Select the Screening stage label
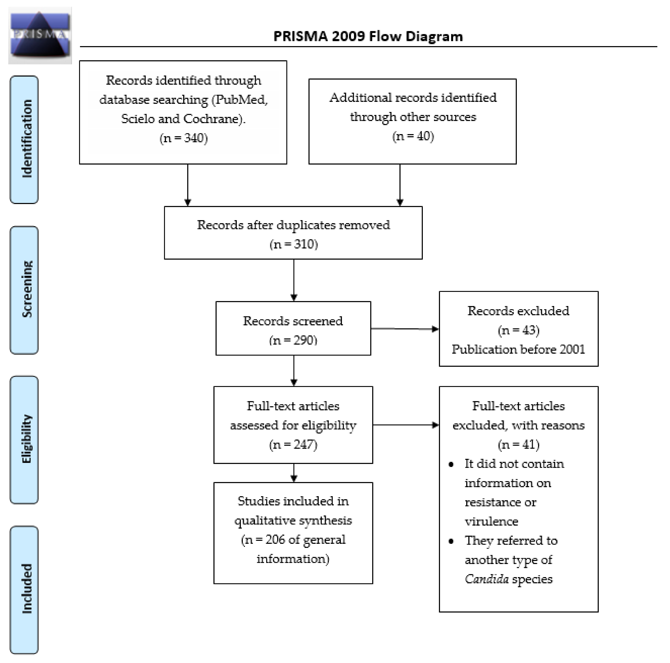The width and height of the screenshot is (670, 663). [24, 290]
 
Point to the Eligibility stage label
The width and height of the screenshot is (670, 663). [24, 439]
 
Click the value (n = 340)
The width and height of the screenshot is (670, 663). [183, 138]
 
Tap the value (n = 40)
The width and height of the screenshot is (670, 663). [413, 136]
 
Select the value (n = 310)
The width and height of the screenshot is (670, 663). [293, 244]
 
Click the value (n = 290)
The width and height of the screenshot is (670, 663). [293, 340]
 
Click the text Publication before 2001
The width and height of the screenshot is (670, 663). [518, 349]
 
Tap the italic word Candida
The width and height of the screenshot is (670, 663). [487, 579]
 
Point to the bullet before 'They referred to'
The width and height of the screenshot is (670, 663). [451, 541]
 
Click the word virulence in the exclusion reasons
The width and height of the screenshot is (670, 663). [491, 522]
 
